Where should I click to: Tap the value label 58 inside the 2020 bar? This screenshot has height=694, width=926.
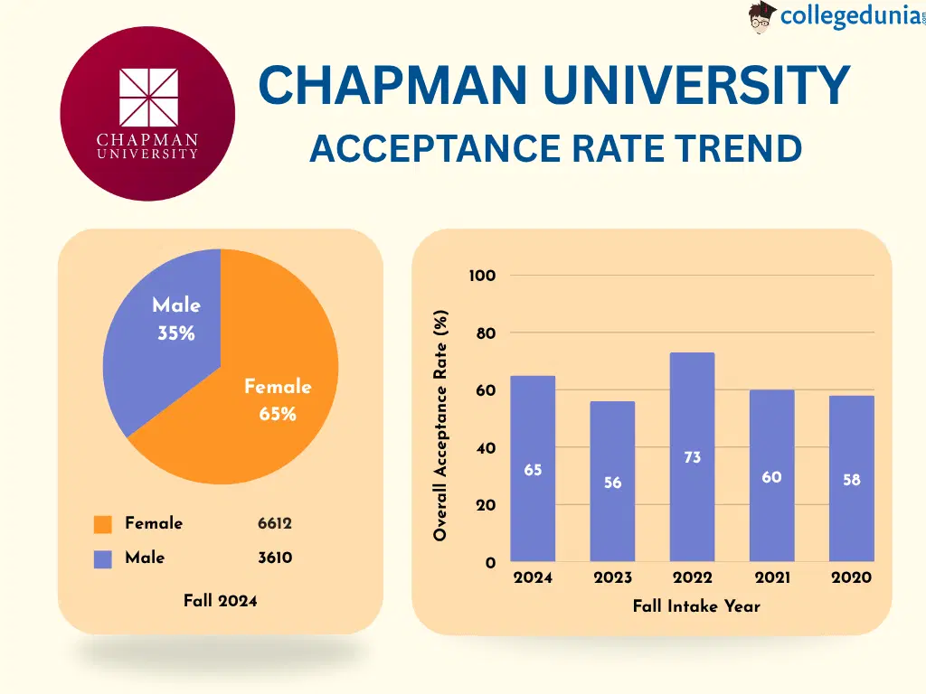pyautogui.click(x=852, y=480)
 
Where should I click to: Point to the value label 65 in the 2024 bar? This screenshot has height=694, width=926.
pyautogui.click(x=533, y=470)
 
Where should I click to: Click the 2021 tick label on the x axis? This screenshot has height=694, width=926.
pyautogui.click(x=771, y=577)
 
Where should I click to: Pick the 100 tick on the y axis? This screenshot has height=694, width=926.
pyautogui.click(x=482, y=276)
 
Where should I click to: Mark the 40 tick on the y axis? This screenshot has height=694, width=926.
pyautogui.click(x=485, y=448)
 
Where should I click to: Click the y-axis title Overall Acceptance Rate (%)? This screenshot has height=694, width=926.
pyautogui.click(x=440, y=426)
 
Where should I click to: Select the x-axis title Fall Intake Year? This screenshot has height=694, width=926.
pyautogui.click(x=696, y=606)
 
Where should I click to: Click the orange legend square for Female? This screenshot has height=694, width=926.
pyautogui.click(x=103, y=524)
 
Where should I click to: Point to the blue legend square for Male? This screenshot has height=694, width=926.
pyautogui.click(x=103, y=559)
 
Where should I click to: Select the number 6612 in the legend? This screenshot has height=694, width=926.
pyautogui.click(x=275, y=523)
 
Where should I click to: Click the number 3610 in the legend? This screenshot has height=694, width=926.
pyautogui.click(x=275, y=558)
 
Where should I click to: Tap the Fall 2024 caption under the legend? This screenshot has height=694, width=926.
pyautogui.click(x=220, y=600)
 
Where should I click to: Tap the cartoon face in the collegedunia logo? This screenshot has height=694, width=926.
pyautogui.click(x=762, y=17)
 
